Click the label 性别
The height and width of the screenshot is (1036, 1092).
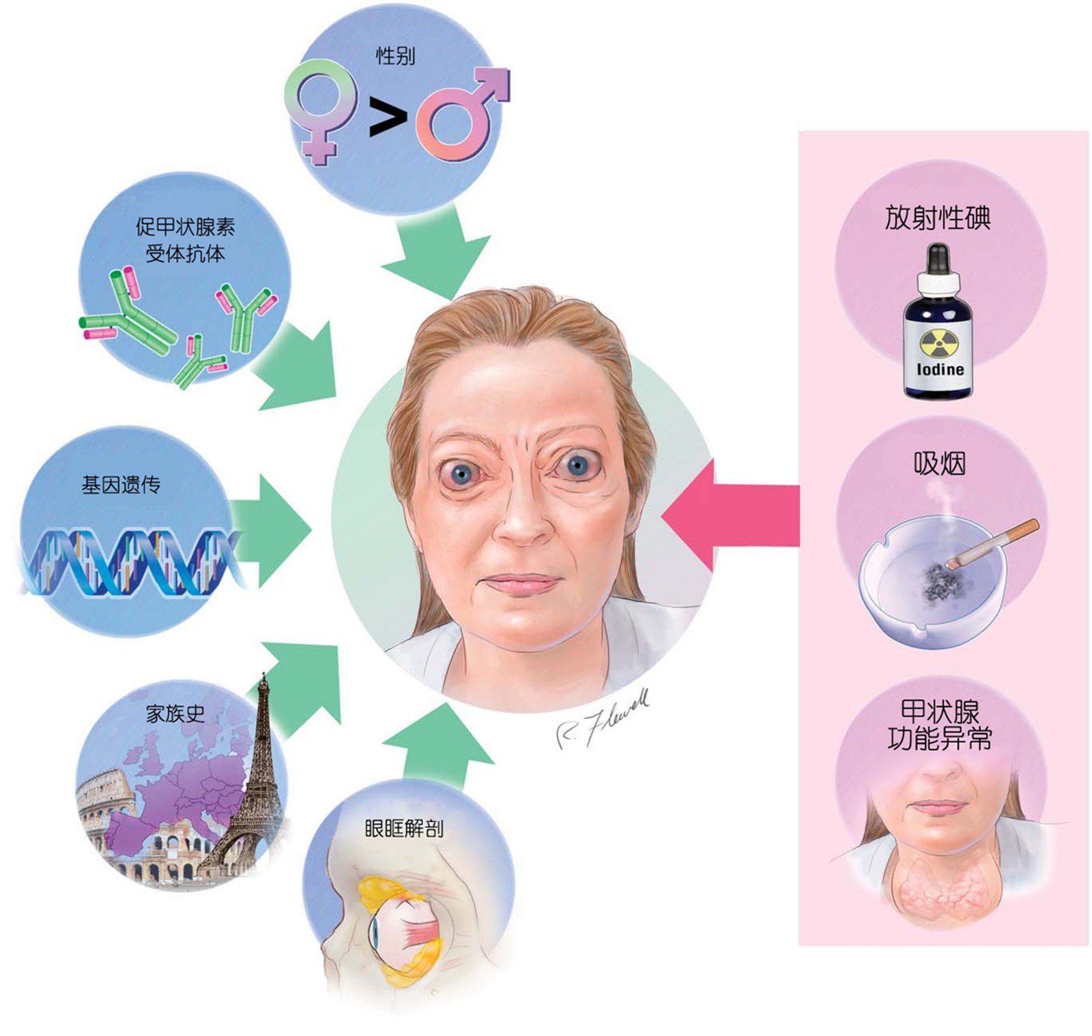(x=395, y=55)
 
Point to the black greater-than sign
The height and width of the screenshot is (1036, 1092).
(x=387, y=117)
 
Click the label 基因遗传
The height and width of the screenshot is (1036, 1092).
(x=121, y=485)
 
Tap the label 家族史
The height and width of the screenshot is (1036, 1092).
(x=175, y=714)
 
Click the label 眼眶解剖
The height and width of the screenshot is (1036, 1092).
(x=404, y=829)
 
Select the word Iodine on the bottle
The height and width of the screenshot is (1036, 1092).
(x=940, y=369)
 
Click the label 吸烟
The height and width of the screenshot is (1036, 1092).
(x=939, y=464)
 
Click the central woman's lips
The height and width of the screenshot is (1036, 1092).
(x=520, y=584)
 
